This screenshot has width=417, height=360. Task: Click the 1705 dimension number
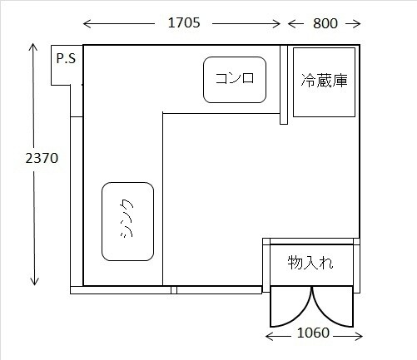tap(184, 22)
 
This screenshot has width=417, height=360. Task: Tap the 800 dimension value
tap(325, 23)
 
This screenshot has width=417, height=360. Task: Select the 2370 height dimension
tap(42, 158)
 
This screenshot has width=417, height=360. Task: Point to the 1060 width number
tap(313, 333)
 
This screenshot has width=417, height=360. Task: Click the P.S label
tap(66, 58)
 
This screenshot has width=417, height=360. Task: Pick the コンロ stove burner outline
tap(235, 80)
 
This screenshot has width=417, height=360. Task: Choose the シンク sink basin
tap(127, 221)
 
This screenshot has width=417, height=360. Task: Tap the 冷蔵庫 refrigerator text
tap(324, 81)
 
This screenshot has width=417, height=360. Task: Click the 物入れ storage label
tap(310, 263)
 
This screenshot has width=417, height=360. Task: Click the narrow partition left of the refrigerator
tap(284, 85)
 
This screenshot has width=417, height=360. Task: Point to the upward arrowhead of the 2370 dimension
tap(33, 47)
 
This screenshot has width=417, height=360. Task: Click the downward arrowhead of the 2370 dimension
tap(34, 280)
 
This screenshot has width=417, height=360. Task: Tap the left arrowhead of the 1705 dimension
tap(87, 24)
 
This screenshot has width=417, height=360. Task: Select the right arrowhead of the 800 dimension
tap(356, 24)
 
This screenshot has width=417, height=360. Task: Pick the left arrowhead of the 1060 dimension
tap(271, 337)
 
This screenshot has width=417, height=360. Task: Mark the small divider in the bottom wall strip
tap(174, 290)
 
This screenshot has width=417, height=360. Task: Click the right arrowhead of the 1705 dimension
tap(276, 24)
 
